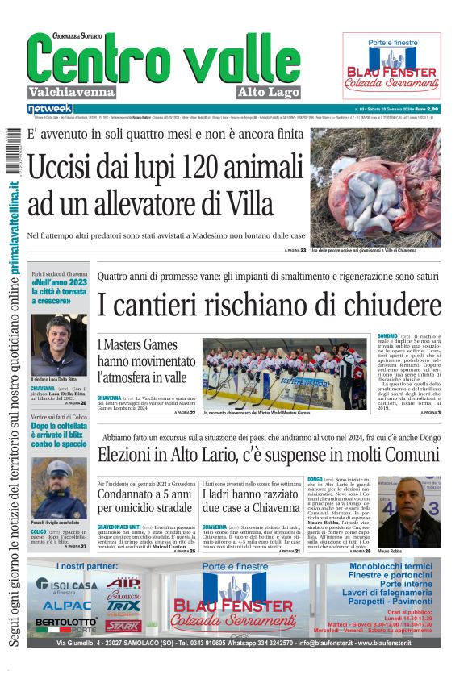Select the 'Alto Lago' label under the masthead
[269, 92]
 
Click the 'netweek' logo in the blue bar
[49, 108]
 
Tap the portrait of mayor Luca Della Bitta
[59, 344]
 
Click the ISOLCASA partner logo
[67, 585]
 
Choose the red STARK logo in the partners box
[123, 626]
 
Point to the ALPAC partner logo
[67, 605]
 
